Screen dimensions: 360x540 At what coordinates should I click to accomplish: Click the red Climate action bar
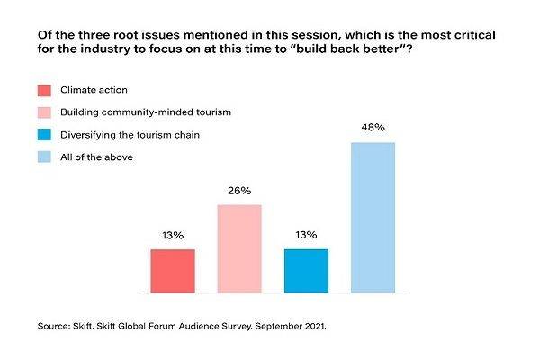click(173, 271)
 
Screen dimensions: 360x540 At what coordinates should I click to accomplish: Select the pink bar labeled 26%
click(239, 248)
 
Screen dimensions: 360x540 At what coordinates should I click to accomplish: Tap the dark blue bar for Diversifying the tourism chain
click(306, 271)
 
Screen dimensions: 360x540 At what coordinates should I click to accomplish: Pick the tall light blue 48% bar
click(373, 218)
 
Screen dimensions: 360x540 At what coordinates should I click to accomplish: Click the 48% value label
click(373, 129)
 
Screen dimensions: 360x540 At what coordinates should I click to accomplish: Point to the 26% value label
click(239, 191)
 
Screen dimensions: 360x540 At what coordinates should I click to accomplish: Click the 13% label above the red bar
click(173, 235)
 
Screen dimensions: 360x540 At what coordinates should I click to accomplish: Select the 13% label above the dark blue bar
click(306, 235)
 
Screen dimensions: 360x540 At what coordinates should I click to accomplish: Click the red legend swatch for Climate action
click(45, 90)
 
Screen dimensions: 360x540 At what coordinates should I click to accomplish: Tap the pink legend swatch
click(45, 113)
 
